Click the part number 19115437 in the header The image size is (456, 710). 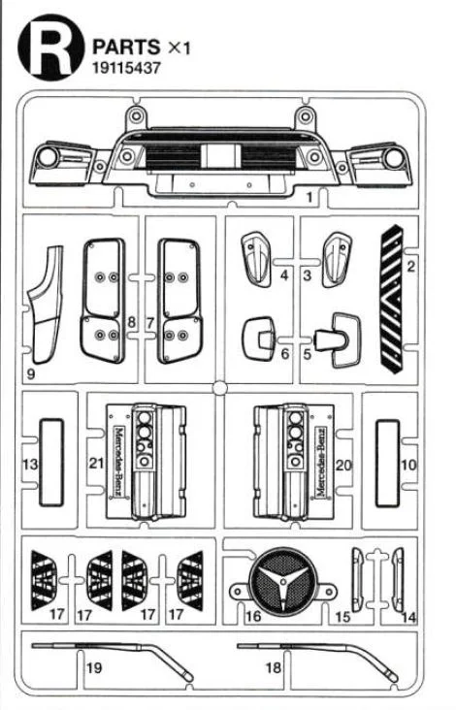(x=126, y=68)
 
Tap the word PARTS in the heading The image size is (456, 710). (x=126, y=48)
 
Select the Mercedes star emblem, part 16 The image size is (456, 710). (x=283, y=581)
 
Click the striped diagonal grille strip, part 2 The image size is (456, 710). (x=391, y=299)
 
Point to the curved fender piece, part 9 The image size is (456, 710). (x=46, y=305)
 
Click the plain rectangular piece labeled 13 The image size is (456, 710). (x=51, y=463)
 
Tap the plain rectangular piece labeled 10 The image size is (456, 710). (x=388, y=464)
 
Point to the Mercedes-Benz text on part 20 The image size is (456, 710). (x=321, y=462)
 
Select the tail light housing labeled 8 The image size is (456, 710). (x=103, y=301)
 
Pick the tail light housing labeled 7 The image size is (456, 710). (x=179, y=301)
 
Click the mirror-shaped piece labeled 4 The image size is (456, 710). (x=256, y=259)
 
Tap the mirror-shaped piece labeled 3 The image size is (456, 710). (x=337, y=259)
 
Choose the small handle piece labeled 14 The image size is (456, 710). (x=398, y=580)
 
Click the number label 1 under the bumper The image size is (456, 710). (x=309, y=198)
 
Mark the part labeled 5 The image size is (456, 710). (x=338, y=339)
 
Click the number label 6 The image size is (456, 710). (x=285, y=354)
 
